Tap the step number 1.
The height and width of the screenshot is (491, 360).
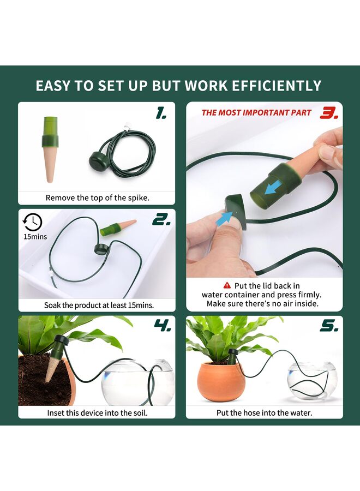coord(161,113)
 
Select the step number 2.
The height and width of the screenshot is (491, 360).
coord(161,219)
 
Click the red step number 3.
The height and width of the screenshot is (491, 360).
coord(329,113)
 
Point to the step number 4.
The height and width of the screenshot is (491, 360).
coord(162,326)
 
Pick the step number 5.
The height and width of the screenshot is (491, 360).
coord(329,326)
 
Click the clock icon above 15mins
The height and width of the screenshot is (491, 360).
coord(33,222)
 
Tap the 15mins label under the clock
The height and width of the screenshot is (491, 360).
coord(35,237)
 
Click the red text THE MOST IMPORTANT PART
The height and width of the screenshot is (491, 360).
coord(256,113)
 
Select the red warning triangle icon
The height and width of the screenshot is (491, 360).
coord(227,285)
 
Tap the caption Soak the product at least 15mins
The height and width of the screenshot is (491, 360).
coord(99,306)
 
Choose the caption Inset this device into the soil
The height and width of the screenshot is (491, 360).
coord(97,412)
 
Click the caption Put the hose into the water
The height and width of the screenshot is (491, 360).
coord(265,412)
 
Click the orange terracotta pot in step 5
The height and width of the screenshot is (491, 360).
coord(220,381)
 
